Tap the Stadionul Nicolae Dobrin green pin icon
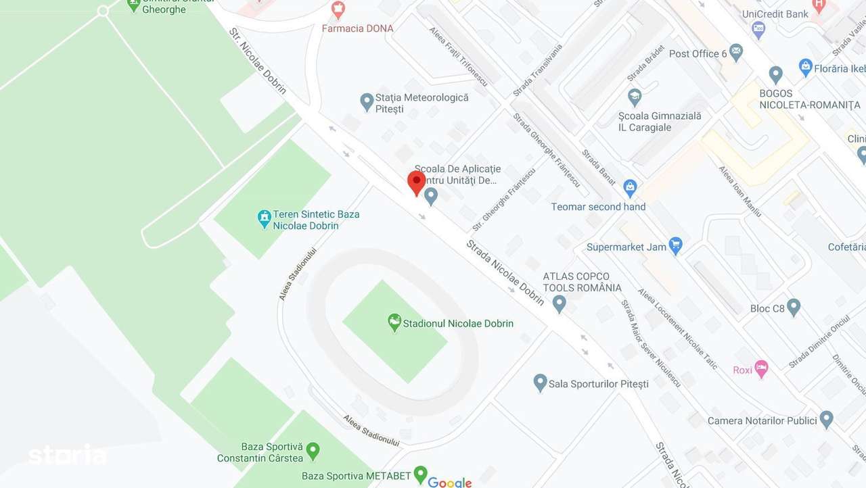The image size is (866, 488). (x=394, y=322)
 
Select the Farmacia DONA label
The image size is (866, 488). (x=357, y=28)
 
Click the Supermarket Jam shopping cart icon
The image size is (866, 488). (x=675, y=245)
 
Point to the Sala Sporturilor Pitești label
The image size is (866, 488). (x=598, y=384)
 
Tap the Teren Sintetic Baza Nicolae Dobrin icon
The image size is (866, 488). (x=265, y=218)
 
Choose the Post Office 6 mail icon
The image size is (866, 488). (x=736, y=52)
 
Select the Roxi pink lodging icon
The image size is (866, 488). (x=761, y=368)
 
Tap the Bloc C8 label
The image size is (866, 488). (x=767, y=309)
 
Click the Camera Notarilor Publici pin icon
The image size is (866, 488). (x=826, y=419)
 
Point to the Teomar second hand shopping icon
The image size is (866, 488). (x=631, y=187)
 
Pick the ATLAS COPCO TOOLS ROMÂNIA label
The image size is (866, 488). (x=582, y=282)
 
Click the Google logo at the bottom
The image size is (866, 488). (x=450, y=482)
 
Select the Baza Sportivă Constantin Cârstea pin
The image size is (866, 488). (x=313, y=449)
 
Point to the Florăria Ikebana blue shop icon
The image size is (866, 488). (x=805, y=67)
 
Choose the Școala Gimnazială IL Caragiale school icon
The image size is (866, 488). (x=635, y=97)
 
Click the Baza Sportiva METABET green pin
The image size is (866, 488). (x=421, y=473)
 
